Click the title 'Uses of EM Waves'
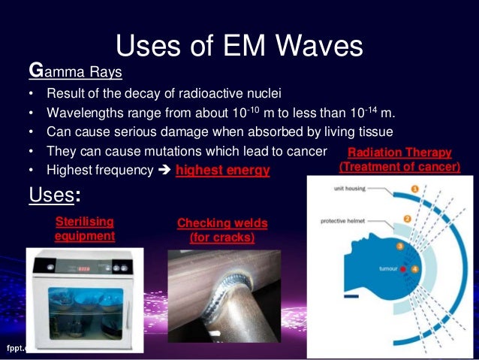239,47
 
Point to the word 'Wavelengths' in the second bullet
81,113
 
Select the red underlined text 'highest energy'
222,171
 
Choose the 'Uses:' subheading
54,196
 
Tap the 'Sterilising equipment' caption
85,228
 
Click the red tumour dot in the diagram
402,268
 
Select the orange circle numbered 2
407,220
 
